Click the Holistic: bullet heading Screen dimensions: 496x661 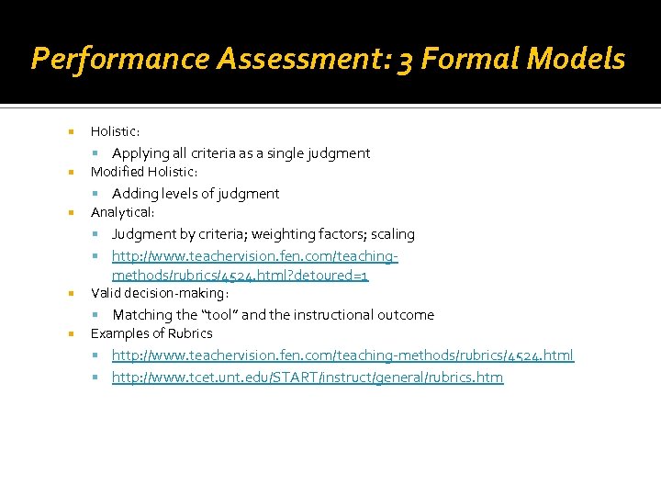pyautogui.click(x=116, y=132)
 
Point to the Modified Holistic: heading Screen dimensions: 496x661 pyautogui.click(x=144, y=172)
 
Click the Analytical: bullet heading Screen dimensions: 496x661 pyautogui.click(x=123, y=212)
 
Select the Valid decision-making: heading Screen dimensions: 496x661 pyautogui.click(x=160, y=293)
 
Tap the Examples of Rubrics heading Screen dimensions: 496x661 pyautogui.click(x=151, y=333)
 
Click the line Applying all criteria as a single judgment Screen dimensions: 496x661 pyautogui.click(x=241, y=153)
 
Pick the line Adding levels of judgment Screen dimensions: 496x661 pyautogui.click(x=196, y=194)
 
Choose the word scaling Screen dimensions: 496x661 pyautogui.click(x=393, y=234)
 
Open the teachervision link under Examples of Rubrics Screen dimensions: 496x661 pyautogui.click(x=342, y=355)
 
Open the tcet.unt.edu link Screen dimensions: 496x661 pyautogui.click(x=308, y=378)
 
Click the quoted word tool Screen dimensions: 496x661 pyautogui.click(x=219, y=315)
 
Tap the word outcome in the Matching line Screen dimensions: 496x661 pyautogui.click(x=406, y=315)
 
